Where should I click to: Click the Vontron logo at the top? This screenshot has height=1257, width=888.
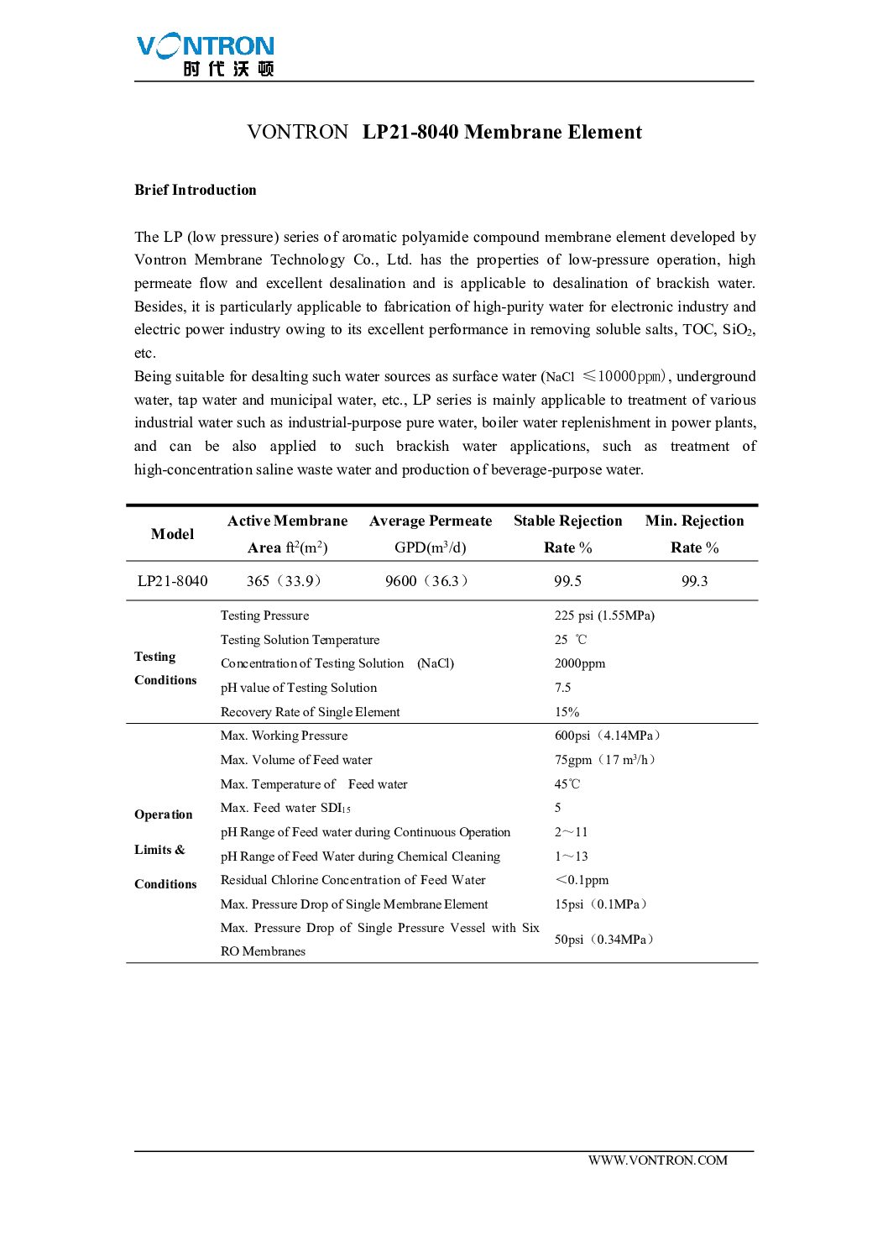point(206,55)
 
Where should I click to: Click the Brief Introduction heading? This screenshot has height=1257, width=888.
point(196,190)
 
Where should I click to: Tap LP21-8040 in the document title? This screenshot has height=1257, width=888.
point(410,132)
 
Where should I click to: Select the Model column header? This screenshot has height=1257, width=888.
point(172,534)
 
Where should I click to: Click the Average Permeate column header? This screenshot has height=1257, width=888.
point(431,521)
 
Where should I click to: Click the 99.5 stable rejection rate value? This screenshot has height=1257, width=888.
point(567,581)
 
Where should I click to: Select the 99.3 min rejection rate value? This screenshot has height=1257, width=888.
point(694,581)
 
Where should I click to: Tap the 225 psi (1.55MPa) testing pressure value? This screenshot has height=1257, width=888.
point(604,615)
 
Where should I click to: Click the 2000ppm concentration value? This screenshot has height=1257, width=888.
point(579,663)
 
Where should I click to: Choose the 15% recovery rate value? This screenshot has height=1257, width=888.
point(567,712)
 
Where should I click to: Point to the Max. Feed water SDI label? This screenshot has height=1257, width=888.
point(285,808)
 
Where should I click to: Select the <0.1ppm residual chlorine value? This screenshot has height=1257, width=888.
point(582,880)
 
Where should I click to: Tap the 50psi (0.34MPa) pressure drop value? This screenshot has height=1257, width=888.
point(604,940)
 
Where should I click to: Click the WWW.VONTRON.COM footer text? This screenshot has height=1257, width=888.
point(657,1160)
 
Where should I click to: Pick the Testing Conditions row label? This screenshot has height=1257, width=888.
point(165,668)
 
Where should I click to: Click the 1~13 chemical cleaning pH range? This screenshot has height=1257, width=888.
point(571,856)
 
